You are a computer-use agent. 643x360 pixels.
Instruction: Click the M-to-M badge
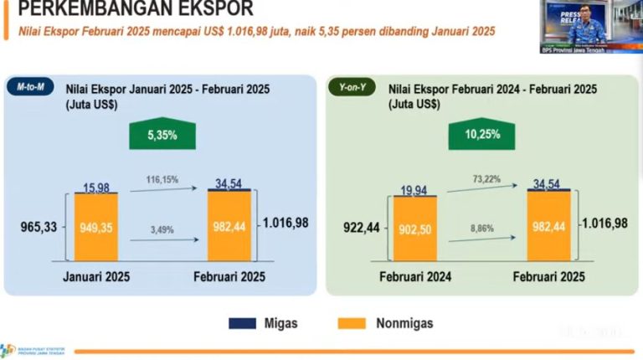pos(29,86)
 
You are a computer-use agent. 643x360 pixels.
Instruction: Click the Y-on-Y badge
pos(350,86)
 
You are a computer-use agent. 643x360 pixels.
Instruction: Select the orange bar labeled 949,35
pos(96,226)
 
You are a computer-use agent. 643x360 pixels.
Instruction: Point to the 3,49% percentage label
pos(164,228)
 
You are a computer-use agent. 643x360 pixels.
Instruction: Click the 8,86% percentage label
pos(484,228)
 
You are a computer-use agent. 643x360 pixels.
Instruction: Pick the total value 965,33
pos(42,226)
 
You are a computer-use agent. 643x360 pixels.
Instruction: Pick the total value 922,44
pos(362,226)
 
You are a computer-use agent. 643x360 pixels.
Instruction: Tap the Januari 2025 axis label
pos(96,276)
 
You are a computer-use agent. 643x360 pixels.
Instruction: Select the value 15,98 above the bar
pos(96,186)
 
